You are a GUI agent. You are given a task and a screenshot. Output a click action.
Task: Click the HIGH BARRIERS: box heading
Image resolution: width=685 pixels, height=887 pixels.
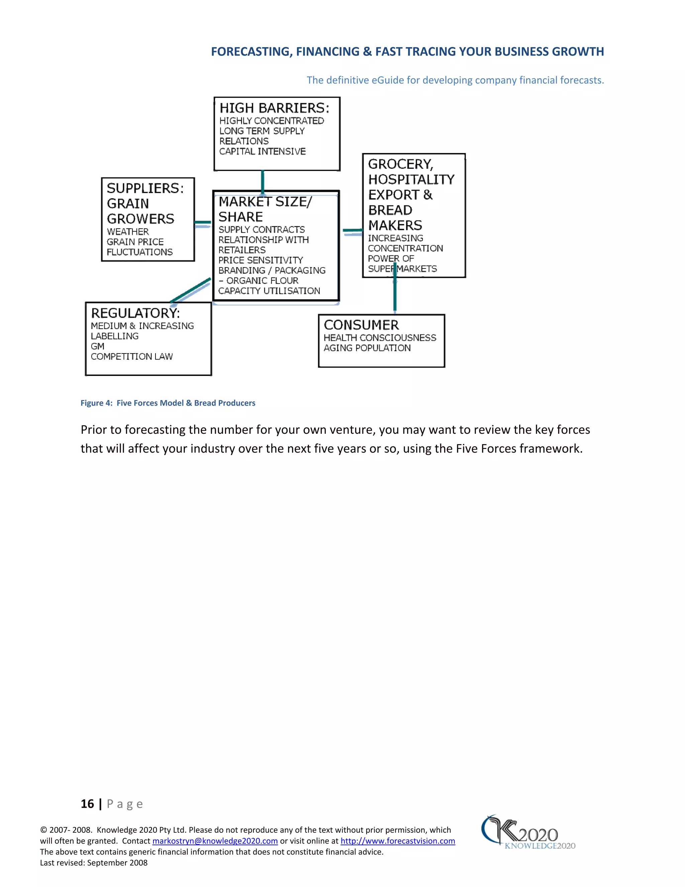point(274,108)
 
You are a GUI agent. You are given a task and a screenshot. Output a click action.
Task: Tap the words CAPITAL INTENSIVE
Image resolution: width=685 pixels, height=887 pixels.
point(262,152)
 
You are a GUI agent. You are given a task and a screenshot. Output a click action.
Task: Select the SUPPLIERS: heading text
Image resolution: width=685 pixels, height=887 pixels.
point(145,188)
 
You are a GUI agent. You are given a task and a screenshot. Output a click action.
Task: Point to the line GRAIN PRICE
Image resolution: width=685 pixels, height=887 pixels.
point(135,242)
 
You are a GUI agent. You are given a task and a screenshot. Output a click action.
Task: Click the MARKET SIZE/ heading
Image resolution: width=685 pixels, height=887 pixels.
point(265,201)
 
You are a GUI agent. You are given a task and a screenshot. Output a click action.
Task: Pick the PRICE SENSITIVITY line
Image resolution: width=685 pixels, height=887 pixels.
point(261,260)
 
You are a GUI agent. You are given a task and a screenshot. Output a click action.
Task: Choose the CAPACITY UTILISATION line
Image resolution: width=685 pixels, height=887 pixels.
point(269,291)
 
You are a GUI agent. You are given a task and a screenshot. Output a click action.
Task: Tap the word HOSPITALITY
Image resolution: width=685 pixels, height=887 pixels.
point(411,179)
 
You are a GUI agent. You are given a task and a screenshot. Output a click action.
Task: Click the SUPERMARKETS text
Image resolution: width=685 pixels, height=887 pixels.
point(402,268)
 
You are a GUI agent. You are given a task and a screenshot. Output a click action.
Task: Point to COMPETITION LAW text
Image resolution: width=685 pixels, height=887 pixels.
point(131,356)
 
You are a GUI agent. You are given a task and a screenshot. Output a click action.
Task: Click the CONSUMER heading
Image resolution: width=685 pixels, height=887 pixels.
point(361,325)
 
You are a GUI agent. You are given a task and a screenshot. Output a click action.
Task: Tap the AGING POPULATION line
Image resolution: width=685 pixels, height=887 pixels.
point(367,348)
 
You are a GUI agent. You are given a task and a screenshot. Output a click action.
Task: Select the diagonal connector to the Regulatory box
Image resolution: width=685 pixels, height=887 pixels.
point(190,291)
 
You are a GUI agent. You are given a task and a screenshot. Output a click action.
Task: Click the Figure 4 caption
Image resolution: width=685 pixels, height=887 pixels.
point(168,403)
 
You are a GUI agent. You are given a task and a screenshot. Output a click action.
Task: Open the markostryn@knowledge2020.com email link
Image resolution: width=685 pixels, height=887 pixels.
point(215,841)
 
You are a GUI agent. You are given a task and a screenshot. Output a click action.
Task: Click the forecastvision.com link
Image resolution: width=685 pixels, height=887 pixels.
point(398,841)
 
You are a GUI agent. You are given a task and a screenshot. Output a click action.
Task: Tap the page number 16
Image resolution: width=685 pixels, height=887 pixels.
point(87,804)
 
